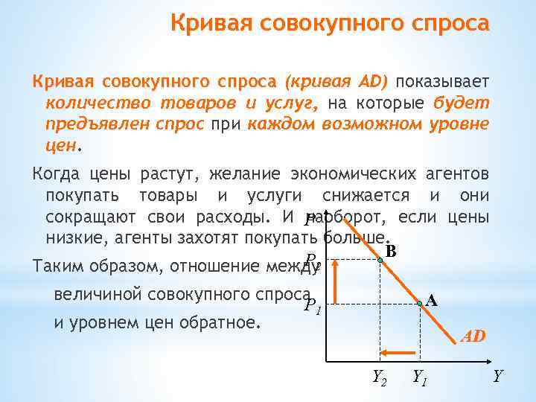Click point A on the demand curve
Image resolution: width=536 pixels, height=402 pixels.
[x=420, y=302]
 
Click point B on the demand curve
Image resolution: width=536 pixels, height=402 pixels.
[x=380, y=260]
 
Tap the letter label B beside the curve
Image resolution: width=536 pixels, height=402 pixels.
[x=392, y=252]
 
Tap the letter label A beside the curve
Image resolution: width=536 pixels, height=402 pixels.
[x=432, y=301]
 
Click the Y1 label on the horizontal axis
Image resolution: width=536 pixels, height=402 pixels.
[x=421, y=377]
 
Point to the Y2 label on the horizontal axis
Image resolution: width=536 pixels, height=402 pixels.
[x=380, y=377]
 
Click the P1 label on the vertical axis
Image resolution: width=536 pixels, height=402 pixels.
[x=313, y=304]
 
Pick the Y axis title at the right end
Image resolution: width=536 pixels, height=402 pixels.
[x=497, y=377]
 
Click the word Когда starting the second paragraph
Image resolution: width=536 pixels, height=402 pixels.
[x=54, y=176]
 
